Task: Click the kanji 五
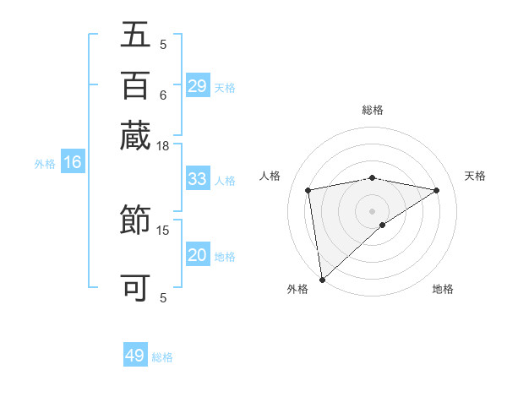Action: click(135, 37)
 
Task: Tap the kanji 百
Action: click(135, 86)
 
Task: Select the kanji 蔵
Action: click(135, 135)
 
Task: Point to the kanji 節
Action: click(135, 223)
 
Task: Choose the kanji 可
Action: click(135, 288)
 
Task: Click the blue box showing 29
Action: click(198, 86)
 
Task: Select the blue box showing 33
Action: click(198, 179)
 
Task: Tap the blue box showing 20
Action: click(198, 255)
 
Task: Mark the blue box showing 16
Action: click(73, 163)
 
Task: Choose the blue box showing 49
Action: click(135, 356)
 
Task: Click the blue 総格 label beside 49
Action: click(162, 357)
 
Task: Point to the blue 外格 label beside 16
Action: click(45, 164)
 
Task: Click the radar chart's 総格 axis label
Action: click(372, 110)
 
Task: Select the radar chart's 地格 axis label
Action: click(443, 289)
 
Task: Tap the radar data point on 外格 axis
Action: click(322, 279)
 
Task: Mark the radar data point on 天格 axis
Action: click(437, 190)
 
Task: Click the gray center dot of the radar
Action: click(372, 210)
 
